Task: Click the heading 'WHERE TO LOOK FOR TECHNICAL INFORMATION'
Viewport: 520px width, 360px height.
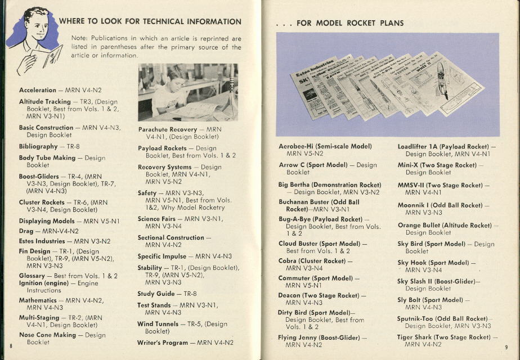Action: pyautogui.click(x=150, y=22)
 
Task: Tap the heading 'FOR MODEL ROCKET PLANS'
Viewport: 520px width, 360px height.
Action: pyautogui.click(x=349, y=23)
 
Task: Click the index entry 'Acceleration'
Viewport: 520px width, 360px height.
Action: pyautogui.click(x=38, y=90)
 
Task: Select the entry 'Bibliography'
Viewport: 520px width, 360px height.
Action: pyautogui.click(x=38, y=146)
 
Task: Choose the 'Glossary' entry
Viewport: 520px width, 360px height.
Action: pyautogui.click(x=32, y=276)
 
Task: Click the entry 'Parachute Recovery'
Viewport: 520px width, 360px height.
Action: pyautogui.click(x=168, y=129)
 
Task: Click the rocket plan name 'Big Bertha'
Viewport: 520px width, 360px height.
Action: pyautogui.click(x=294, y=184)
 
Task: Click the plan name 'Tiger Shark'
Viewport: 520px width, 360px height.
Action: pyautogui.click(x=415, y=337)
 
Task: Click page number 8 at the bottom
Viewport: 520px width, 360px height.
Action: pyautogui.click(x=11, y=345)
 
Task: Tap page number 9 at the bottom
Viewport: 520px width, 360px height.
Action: pyautogui.click(x=506, y=346)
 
